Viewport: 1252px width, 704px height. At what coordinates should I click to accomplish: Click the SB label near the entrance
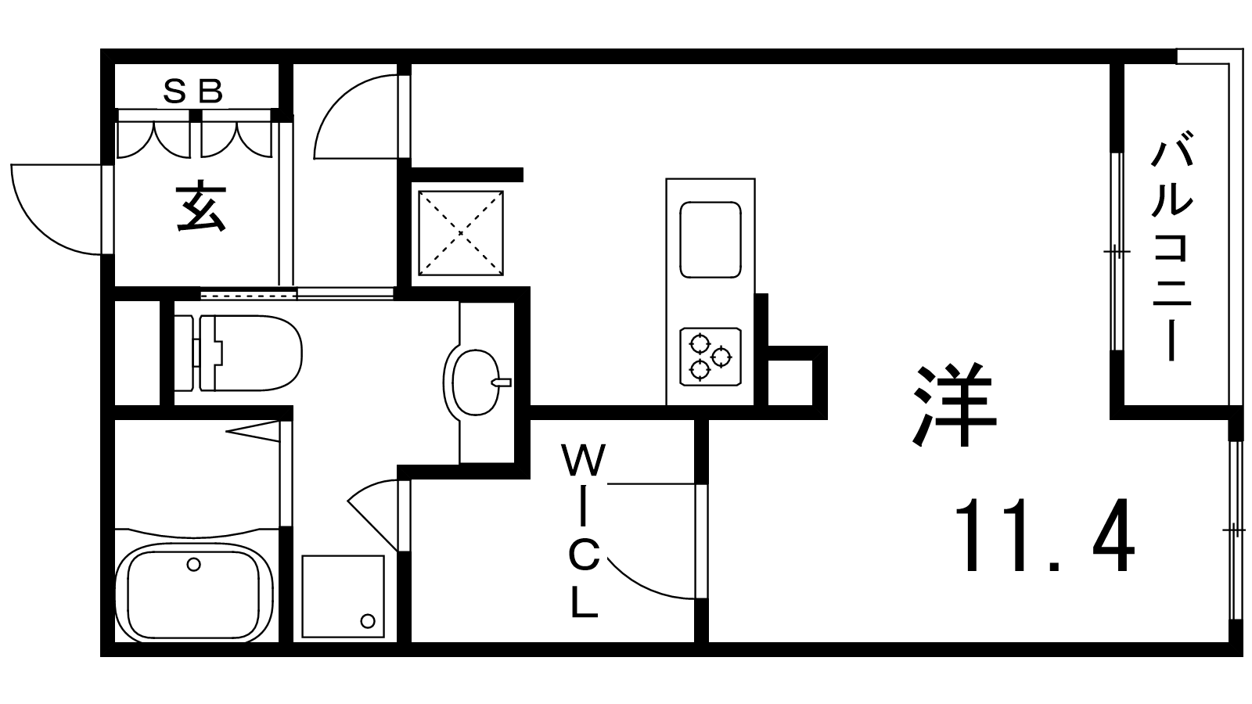193,91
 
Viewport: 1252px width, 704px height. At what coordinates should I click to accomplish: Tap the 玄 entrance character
200,208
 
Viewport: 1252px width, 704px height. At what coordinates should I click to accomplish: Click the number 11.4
1044,536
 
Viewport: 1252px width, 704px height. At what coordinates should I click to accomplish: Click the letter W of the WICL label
584,460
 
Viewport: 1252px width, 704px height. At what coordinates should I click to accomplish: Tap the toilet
238,353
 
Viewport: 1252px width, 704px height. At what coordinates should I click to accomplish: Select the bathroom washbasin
475,383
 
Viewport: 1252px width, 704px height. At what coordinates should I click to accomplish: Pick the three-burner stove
711,357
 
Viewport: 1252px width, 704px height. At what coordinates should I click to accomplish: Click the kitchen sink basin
711,239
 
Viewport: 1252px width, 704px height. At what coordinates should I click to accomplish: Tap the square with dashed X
461,233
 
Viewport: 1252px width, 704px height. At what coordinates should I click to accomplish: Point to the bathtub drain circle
193,564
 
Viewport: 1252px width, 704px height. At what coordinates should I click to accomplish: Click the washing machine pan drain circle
367,621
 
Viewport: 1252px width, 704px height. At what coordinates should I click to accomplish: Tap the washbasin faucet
502,383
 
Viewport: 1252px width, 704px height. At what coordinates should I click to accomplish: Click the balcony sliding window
1116,251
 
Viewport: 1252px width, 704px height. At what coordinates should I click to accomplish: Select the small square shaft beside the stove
790,383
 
